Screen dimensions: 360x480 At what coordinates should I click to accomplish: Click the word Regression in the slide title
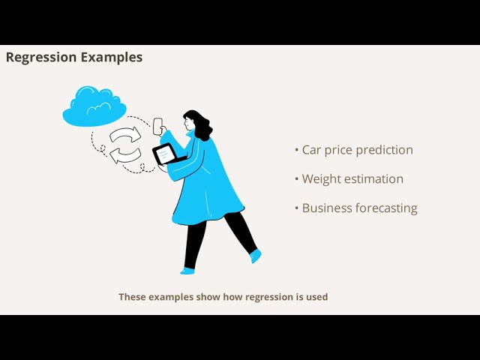coord(42,57)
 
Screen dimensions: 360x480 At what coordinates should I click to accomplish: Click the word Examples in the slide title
coord(112,57)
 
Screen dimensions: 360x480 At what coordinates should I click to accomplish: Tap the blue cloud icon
coord(94,107)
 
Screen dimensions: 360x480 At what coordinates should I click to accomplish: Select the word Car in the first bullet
coord(311,150)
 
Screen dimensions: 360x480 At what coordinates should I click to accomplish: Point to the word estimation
coord(374,179)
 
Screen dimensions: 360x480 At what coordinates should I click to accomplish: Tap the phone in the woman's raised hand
coord(158,126)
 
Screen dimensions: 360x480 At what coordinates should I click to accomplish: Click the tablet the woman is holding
coord(164,154)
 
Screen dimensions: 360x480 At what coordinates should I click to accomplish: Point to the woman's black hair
coord(198,123)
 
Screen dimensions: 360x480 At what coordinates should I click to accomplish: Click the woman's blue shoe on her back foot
coord(256,256)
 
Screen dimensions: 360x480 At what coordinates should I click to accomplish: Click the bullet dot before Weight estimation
coord(297,179)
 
